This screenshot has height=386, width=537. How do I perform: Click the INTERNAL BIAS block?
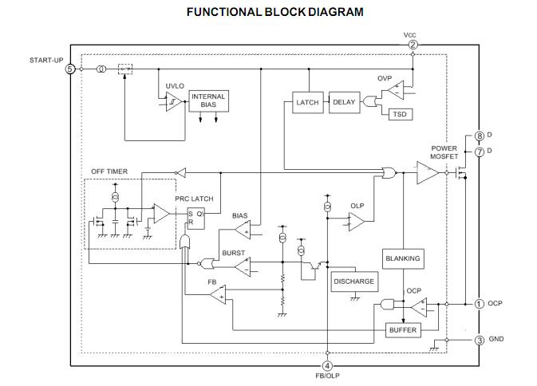[x=208, y=101]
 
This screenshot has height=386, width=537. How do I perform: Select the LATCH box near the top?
[x=307, y=102]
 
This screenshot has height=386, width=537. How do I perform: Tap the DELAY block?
[x=344, y=102]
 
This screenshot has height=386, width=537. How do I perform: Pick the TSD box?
[x=401, y=114]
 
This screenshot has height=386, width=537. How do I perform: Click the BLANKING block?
[x=403, y=258]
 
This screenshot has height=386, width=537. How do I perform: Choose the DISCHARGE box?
[x=354, y=282]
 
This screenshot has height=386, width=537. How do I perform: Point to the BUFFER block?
[x=403, y=330]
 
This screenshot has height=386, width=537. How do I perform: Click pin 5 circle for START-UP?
[x=70, y=69]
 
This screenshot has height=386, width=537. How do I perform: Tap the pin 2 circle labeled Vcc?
[x=413, y=45]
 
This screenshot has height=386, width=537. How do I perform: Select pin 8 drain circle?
[x=480, y=136]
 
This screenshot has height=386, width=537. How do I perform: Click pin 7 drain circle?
[x=480, y=152]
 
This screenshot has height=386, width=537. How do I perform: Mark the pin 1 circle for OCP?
[x=479, y=304]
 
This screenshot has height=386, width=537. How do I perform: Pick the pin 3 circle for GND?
[x=480, y=341]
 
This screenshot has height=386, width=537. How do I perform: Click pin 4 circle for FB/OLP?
[x=327, y=366]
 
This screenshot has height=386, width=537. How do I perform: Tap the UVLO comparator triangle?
[x=174, y=101]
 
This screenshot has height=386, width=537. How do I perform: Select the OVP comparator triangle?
[x=396, y=90]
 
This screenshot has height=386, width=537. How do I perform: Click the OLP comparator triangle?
[x=357, y=222]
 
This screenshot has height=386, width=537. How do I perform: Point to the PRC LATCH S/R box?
[x=196, y=219]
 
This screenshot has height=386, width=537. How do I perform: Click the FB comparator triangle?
[x=218, y=294]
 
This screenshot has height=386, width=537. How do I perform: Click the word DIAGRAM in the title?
[x=336, y=12]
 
